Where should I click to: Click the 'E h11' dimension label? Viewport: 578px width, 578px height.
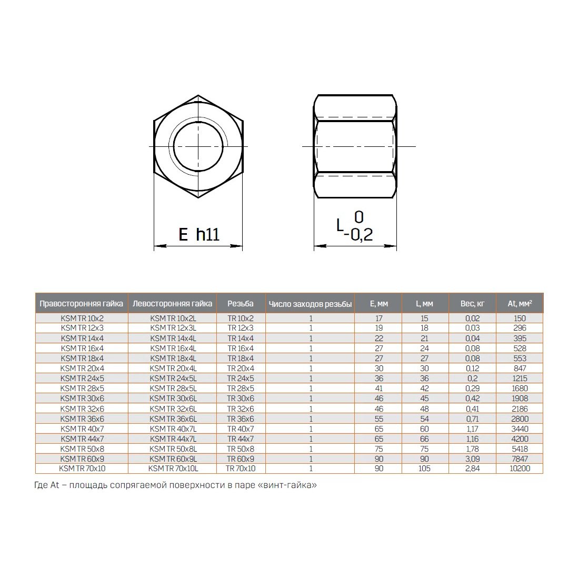point(198,234)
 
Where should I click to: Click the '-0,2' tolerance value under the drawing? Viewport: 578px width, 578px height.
point(358,235)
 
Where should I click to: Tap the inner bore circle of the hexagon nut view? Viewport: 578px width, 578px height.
point(198,146)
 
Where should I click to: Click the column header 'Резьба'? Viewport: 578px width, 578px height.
point(241,304)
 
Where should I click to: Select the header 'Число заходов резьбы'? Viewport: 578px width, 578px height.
point(310,304)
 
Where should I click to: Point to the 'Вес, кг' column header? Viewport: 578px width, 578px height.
point(472,304)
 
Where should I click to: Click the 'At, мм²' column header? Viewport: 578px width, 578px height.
point(520,304)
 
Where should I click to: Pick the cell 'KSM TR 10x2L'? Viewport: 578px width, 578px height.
point(173,318)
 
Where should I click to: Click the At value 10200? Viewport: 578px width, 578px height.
point(520,469)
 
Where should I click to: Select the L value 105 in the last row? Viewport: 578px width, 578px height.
point(424,469)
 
